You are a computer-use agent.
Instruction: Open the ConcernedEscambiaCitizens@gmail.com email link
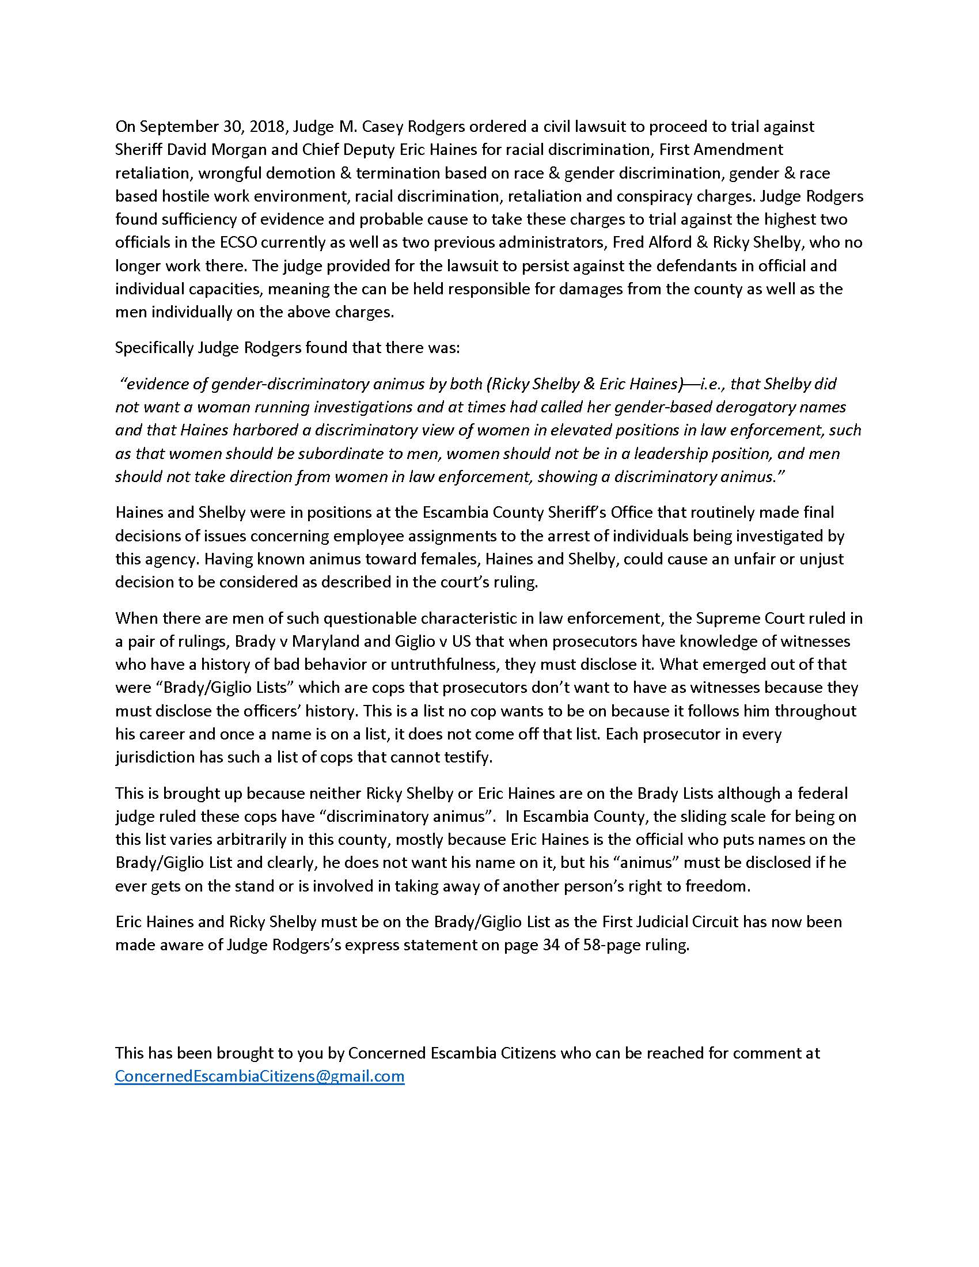coord(259,1076)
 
